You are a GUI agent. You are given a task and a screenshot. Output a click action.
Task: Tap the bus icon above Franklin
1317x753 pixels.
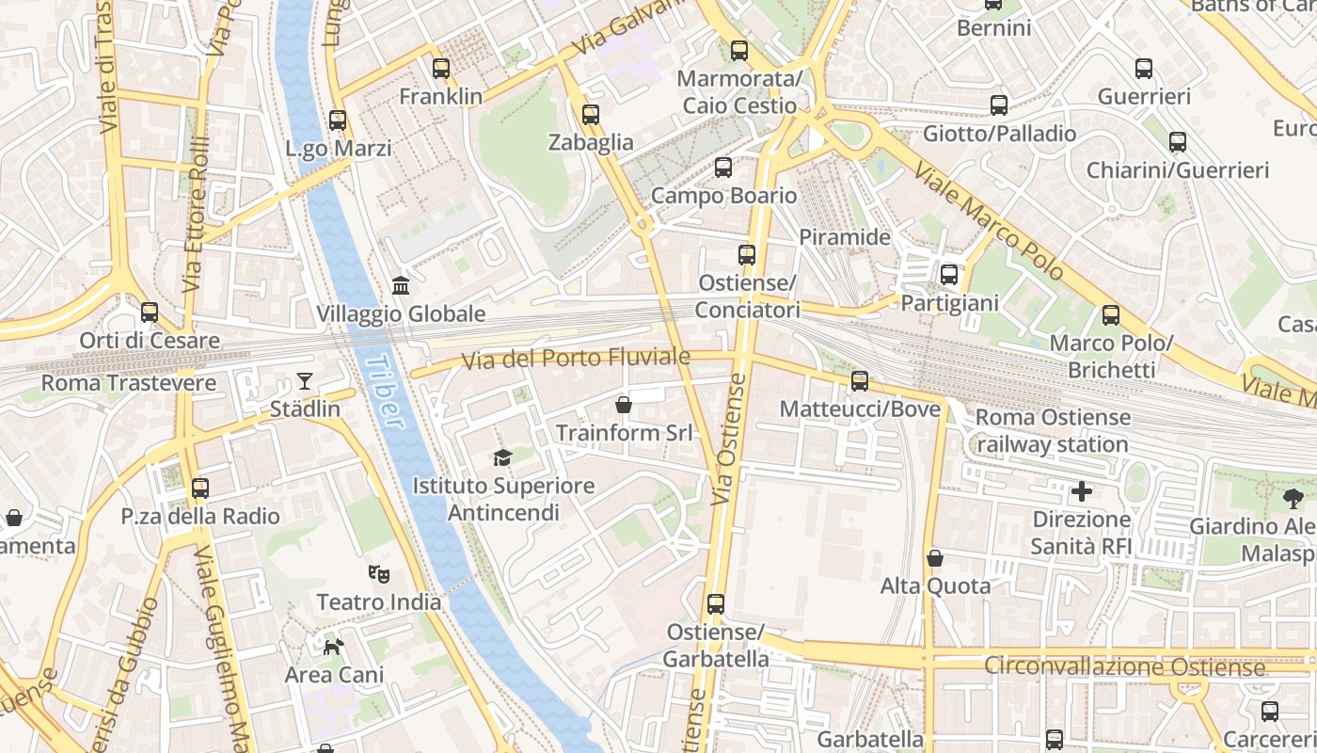(441, 69)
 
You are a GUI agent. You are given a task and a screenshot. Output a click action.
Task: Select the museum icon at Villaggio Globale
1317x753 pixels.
(401, 285)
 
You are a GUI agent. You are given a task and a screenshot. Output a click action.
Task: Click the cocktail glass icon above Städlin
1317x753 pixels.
(305, 381)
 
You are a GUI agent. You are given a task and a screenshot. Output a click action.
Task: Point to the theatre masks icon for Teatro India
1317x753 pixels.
(379, 573)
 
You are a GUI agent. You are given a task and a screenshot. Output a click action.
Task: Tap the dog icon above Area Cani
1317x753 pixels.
(334, 647)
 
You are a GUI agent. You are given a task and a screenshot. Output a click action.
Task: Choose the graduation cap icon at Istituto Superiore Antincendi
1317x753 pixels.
(503, 457)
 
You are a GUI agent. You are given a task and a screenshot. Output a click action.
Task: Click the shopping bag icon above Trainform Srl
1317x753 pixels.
(623, 405)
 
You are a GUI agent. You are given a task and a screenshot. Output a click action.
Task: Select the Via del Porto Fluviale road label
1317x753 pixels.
(575, 359)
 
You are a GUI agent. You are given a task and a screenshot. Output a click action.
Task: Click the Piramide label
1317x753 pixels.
(844, 237)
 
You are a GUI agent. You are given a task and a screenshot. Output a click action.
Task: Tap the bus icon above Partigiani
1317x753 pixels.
(948, 275)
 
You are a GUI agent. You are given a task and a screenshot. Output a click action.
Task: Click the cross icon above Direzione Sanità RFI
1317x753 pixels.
(1082, 490)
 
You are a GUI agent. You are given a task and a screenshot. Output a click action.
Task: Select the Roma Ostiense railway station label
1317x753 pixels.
(1053, 430)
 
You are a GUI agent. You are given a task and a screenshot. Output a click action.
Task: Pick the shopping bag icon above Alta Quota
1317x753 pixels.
(934, 558)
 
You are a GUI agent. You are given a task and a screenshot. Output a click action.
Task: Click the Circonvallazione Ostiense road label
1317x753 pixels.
(1124, 667)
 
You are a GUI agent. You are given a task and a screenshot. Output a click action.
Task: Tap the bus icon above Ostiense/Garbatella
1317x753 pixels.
(716, 603)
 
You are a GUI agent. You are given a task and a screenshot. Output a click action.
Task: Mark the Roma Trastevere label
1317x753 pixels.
(129, 383)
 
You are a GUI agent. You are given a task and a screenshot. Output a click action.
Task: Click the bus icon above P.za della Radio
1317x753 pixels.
(199, 489)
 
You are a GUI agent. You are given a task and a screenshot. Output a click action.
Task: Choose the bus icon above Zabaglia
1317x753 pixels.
(590, 115)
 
